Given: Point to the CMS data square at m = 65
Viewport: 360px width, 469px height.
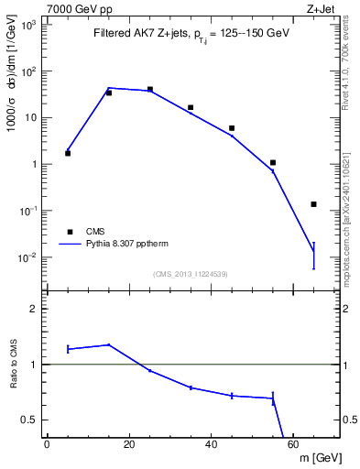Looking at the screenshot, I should point(313,204).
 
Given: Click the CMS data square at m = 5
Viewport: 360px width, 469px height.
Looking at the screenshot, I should point(68,153).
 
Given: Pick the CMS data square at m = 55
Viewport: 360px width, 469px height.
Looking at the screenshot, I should point(273,162).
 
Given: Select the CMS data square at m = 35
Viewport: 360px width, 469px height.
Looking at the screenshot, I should point(191,107).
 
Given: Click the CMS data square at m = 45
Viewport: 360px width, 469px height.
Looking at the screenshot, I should point(232,128).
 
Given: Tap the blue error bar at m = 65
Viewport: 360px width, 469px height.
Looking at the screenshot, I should point(313,255).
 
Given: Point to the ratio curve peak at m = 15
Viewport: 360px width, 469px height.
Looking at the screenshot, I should point(109,344).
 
